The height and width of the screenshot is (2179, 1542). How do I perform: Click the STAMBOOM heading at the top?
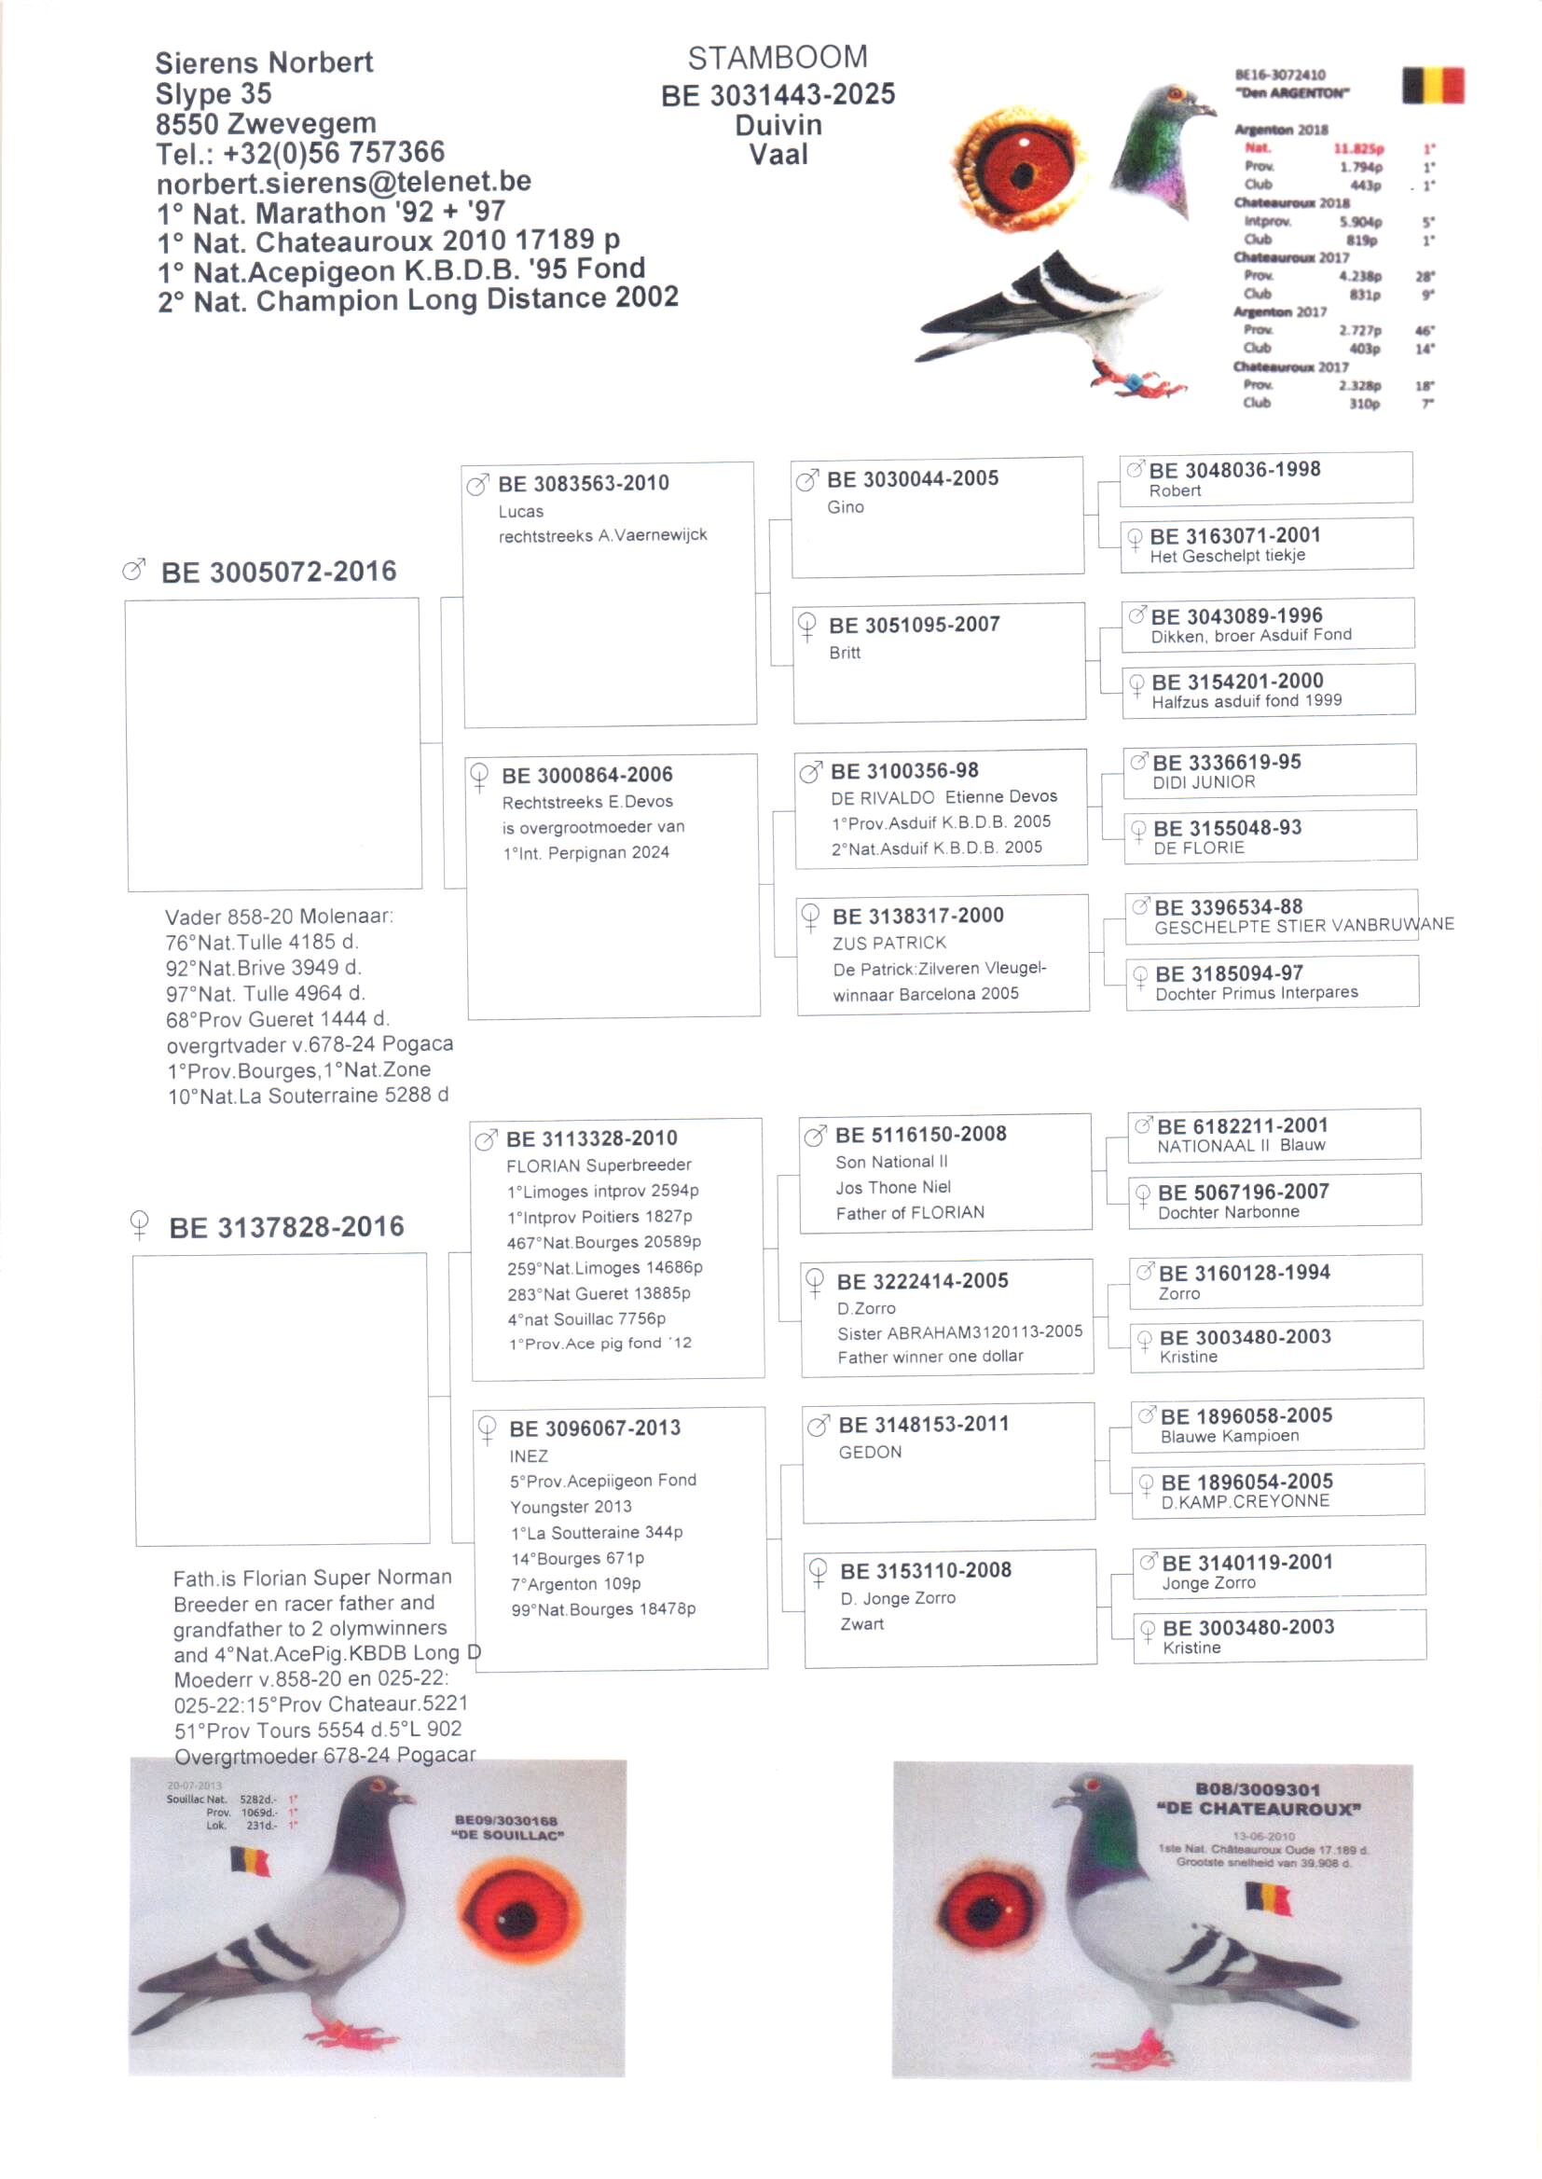click(x=777, y=58)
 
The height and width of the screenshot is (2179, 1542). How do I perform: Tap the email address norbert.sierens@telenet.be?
click(x=344, y=181)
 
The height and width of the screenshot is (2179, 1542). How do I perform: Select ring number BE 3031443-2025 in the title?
click(x=778, y=94)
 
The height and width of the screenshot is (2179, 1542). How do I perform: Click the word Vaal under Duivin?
click(x=778, y=154)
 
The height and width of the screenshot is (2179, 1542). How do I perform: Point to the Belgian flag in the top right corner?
click(x=1432, y=85)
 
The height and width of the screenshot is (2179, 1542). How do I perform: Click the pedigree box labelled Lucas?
click(x=610, y=593)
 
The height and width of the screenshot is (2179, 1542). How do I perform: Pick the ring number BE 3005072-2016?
click(x=278, y=572)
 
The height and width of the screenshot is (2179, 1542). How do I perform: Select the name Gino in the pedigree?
click(x=845, y=507)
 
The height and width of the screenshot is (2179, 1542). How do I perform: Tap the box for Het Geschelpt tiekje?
click(x=1266, y=545)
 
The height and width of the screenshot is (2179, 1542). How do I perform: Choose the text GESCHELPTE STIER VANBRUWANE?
click(x=1303, y=926)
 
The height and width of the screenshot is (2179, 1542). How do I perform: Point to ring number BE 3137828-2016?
click(x=286, y=1227)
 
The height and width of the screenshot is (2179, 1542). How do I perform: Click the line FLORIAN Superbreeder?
click(x=599, y=1165)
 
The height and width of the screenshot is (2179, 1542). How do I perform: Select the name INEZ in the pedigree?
click(x=528, y=1455)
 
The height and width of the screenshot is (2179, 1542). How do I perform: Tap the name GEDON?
click(x=870, y=1452)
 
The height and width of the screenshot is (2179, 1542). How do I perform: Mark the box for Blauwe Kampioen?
click(x=1277, y=1424)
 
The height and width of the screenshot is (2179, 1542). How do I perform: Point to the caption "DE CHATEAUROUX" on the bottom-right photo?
click(x=1258, y=1809)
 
